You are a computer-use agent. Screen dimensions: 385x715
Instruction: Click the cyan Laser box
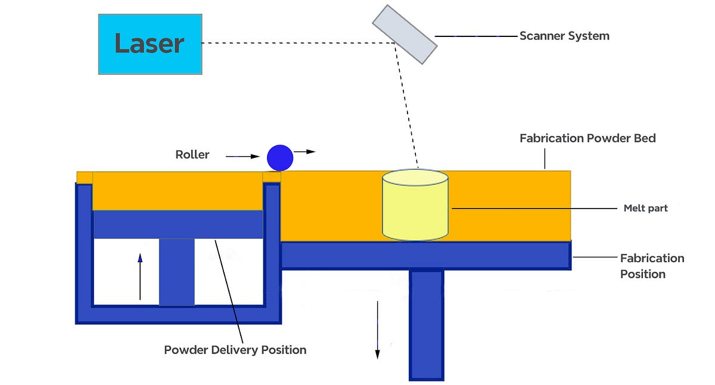[x=150, y=44]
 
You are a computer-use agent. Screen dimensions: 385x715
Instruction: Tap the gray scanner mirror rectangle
[x=405, y=34]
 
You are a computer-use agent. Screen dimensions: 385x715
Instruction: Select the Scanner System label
[x=564, y=36]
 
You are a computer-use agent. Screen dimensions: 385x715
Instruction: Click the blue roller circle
[x=280, y=158]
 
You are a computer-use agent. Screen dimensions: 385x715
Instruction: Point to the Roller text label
[x=192, y=155]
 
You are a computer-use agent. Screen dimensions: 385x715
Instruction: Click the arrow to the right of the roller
[x=304, y=153]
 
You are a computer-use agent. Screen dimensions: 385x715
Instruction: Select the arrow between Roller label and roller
[x=243, y=157]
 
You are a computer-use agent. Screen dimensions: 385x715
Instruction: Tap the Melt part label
[x=645, y=209]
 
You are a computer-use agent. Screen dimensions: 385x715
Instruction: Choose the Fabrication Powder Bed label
[x=587, y=138]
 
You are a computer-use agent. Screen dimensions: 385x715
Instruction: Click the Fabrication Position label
[x=652, y=266]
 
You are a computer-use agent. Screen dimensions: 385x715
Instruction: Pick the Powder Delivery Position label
[x=235, y=350]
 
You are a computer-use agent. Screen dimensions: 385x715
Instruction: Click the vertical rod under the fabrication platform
[x=426, y=325]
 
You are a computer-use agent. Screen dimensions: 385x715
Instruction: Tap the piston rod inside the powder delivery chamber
[x=177, y=272]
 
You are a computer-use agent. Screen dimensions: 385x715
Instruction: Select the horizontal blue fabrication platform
[x=425, y=256]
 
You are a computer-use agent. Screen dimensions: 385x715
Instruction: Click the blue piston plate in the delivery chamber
[x=178, y=224]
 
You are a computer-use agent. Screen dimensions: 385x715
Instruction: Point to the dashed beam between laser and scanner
[x=298, y=43]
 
